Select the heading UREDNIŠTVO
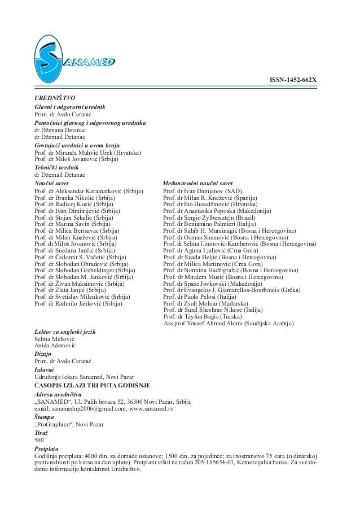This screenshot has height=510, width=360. pos(51,98)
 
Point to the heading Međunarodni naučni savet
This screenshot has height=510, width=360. pos(197,184)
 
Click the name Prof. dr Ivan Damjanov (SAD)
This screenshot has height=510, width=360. pos(201,192)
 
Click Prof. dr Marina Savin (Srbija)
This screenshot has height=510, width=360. pos(72,224)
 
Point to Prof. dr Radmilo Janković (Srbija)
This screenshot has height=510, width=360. pos(78,304)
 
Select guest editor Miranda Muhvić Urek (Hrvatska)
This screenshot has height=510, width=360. pos(87,153)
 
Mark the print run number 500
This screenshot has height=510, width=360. pos(40,439)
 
